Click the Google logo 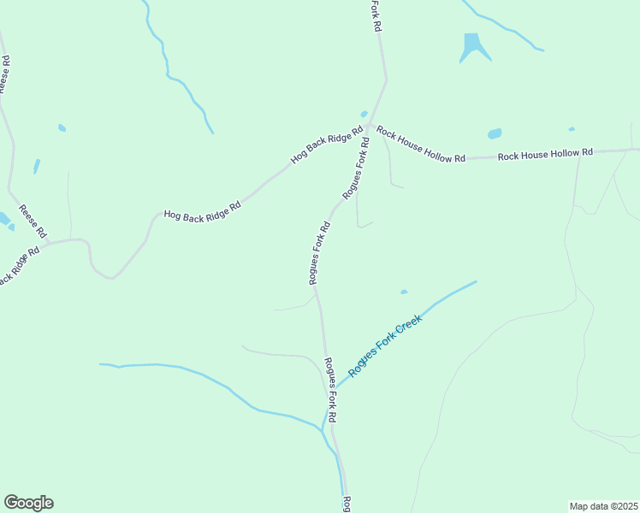point(28,503)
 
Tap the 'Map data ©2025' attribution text point(603,505)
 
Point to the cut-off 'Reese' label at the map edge point(4,75)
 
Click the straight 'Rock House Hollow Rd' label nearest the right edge point(545,155)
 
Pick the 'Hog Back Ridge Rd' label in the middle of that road point(203,211)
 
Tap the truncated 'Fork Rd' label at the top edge point(375,15)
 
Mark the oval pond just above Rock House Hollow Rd point(495,134)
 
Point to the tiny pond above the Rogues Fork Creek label point(404,292)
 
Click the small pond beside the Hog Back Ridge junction point(364,114)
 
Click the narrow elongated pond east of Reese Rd point(36,166)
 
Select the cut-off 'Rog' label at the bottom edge point(347,504)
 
